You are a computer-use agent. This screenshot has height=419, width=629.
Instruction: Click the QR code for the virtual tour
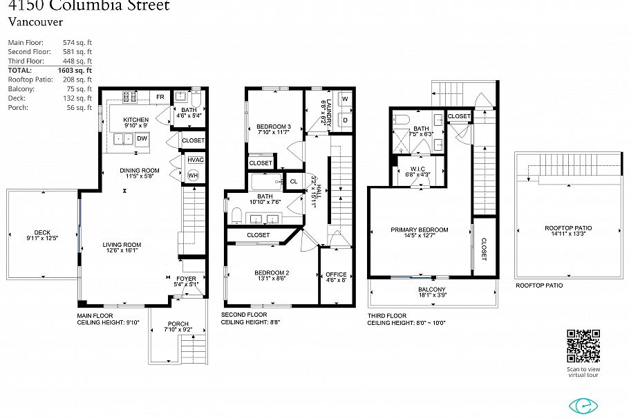[583, 346]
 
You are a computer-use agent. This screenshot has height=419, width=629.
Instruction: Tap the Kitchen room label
[135, 120]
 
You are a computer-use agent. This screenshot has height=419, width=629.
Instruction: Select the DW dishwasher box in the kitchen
[142, 139]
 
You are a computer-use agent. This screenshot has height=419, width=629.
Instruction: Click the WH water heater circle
[192, 175]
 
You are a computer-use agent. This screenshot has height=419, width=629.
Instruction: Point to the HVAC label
[194, 160]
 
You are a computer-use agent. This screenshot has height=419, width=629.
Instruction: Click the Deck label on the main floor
[42, 232]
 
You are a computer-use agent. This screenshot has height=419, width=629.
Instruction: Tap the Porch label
[178, 324]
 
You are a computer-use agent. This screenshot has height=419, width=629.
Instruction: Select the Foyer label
[185, 279]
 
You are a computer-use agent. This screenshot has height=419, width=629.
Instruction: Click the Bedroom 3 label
[274, 127]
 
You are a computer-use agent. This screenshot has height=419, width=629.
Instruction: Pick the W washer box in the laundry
[344, 99]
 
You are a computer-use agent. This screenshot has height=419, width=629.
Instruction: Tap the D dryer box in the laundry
[344, 120]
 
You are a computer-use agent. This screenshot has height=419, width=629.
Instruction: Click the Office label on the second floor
[336, 274]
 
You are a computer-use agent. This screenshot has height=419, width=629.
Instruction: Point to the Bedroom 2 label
[271, 272]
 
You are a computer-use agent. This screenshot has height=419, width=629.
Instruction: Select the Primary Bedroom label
[419, 230]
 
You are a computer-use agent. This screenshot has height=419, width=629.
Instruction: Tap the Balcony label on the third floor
[432, 289]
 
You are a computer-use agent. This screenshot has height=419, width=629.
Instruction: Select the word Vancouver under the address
[32, 21]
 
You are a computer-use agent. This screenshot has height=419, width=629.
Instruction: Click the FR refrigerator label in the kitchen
[160, 97]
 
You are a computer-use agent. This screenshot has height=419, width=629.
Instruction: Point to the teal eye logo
[583, 405]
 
